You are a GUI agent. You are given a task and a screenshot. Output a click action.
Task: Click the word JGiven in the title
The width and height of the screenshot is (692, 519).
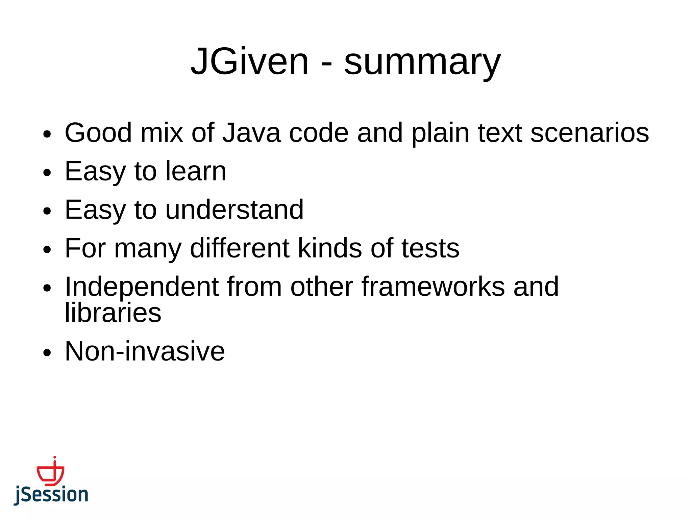tap(250, 61)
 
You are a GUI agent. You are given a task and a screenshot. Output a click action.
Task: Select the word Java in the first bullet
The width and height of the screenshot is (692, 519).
tap(251, 132)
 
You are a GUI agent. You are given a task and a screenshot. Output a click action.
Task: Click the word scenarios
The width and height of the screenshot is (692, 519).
tap(590, 132)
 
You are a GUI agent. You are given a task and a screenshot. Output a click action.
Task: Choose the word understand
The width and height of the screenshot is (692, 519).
tap(234, 209)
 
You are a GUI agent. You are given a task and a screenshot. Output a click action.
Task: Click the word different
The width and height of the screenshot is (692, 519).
tap(240, 248)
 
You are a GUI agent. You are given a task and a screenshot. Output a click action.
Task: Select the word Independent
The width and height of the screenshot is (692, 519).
tap(142, 287)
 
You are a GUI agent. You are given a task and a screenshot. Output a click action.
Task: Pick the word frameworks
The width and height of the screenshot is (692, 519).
tap(433, 287)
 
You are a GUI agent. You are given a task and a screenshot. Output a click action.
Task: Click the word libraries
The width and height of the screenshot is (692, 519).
tap(113, 313)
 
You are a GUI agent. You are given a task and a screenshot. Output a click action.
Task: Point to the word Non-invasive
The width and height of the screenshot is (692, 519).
tap(145, 351)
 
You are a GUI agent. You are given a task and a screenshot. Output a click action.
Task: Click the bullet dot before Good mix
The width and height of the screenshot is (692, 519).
tap(47, 134)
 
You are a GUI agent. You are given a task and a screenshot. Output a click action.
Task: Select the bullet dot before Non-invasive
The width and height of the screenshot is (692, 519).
tap(47, 353)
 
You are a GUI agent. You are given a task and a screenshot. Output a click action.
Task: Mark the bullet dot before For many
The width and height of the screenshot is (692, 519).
tap(47, 250)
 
